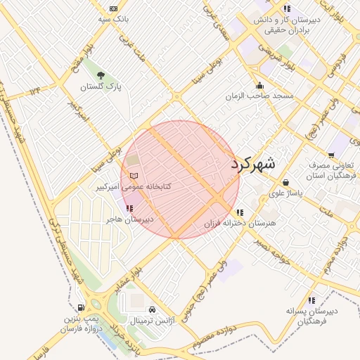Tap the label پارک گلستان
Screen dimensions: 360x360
(x=100, y=87)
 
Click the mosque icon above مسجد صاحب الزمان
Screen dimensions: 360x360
(x=259, y=85)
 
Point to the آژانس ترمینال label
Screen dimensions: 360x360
(x=153, y=320)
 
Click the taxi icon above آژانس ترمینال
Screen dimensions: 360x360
(x=153, y=309)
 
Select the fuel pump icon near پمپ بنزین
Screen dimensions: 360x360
(x=82, y=307)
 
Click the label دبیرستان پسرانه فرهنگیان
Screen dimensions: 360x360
(x=311, y=316)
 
